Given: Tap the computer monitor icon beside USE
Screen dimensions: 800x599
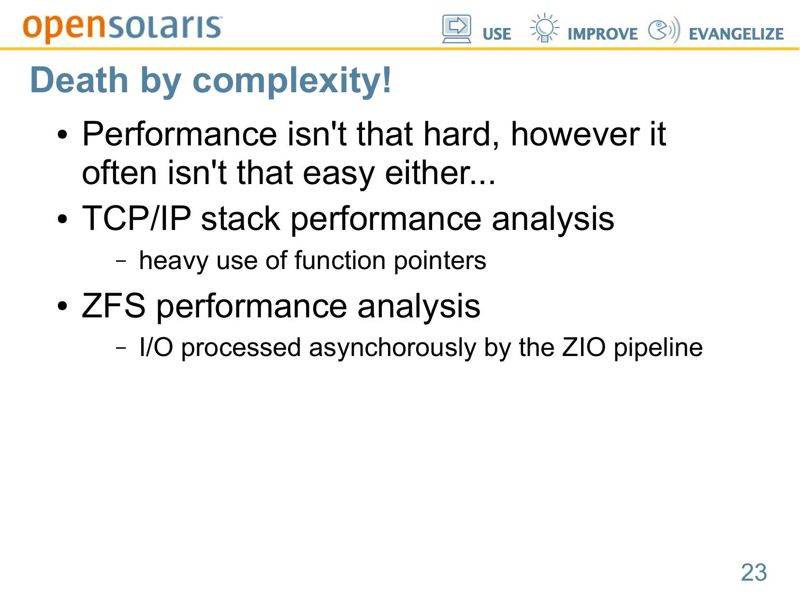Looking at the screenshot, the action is (456, 29).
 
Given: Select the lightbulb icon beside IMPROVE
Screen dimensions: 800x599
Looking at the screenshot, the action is (544, 28).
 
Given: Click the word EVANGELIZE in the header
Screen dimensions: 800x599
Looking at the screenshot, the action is (736, 34).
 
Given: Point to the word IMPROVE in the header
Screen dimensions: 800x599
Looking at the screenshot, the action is (602, 34).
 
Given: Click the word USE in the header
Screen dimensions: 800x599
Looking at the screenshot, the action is (496, 34).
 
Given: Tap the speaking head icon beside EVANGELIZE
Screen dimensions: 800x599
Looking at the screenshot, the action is (664, 29).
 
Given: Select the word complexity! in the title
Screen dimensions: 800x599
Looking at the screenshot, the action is (291, 82).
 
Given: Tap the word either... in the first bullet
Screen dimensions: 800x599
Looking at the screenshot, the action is (440, 172).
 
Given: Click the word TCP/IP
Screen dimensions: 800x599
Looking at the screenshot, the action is (136, 218).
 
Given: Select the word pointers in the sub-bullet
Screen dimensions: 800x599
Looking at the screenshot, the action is (440, 261).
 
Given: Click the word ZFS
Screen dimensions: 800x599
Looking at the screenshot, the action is (114, 306).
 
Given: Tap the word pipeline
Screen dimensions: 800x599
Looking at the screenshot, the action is (658, 348).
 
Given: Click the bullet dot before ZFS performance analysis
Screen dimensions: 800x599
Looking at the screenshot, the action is (62, 306).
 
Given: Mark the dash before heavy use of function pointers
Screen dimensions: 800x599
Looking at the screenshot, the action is (121, 261).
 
